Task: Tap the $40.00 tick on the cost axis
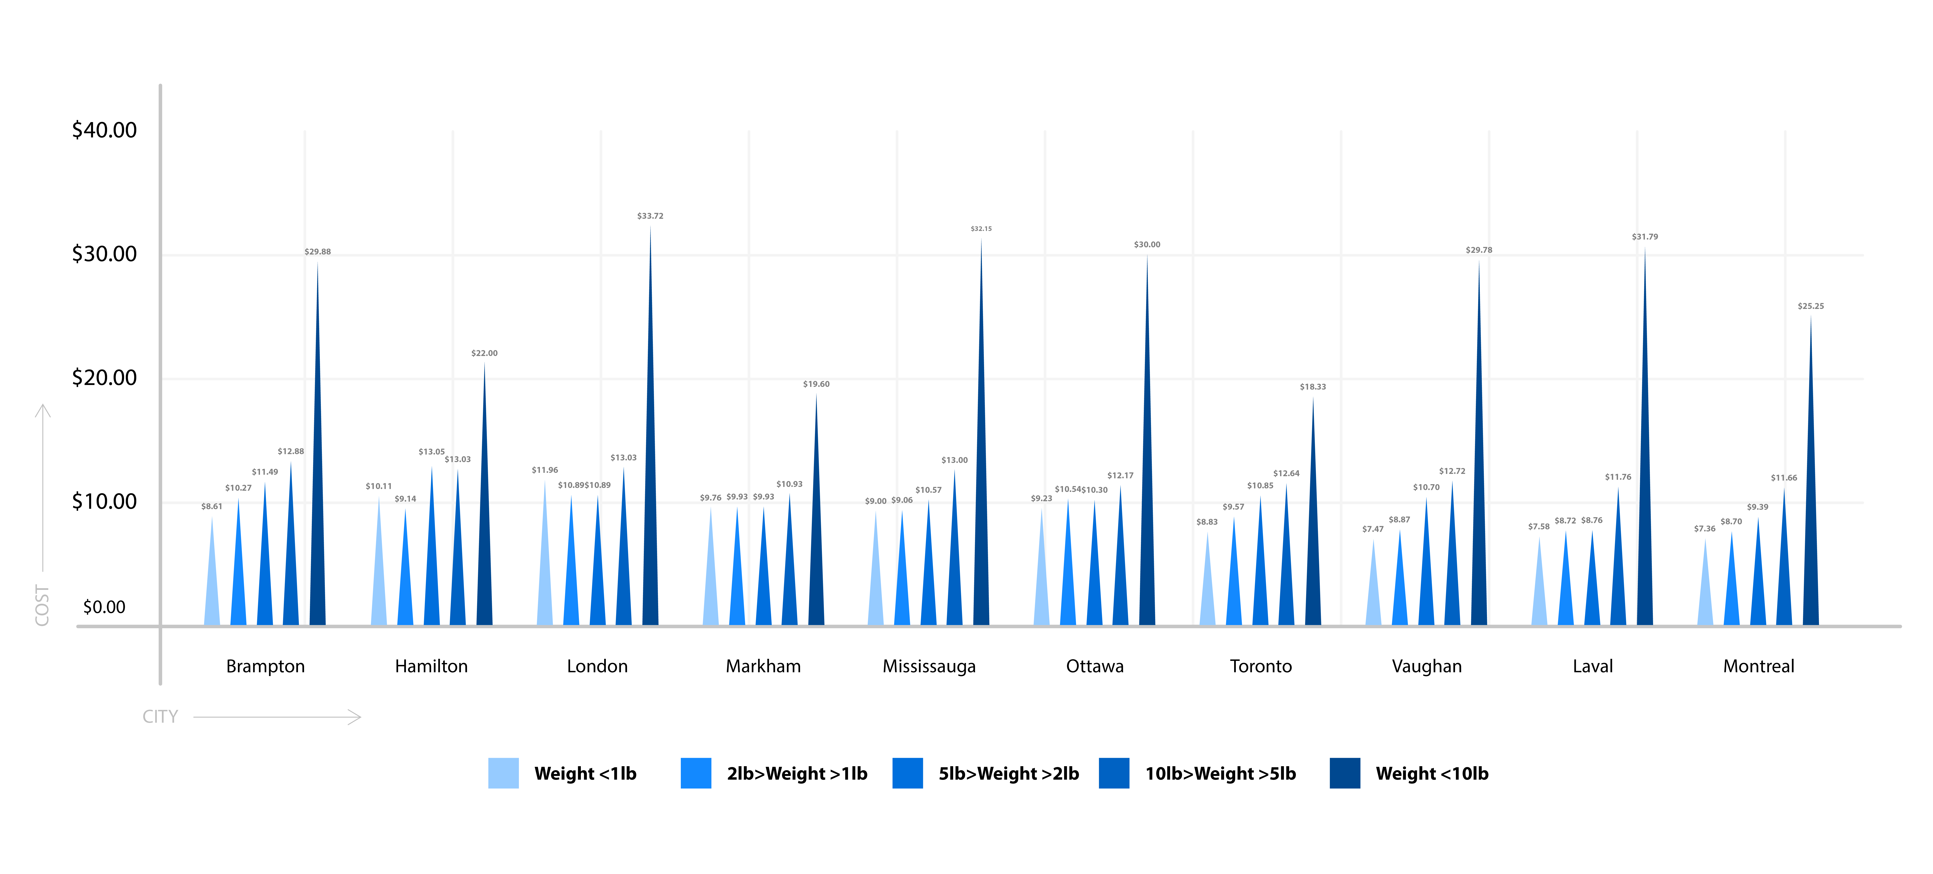104,130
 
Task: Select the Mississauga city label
929,666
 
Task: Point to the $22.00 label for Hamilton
484,353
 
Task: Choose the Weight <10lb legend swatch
1345,773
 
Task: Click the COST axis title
42,605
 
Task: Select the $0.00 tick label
104,607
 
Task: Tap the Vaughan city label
1426,666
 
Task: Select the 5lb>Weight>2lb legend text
1009,773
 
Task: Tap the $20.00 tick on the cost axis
104,378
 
